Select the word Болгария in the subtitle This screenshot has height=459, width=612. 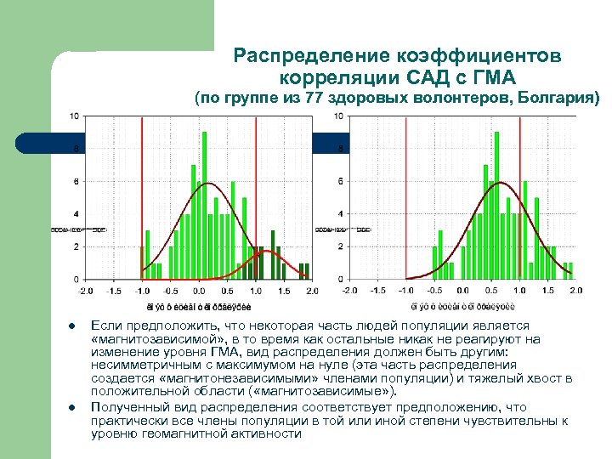[x=553, y=97]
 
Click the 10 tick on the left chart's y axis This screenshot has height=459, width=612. [x=76, y=116]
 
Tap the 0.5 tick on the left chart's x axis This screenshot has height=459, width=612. [x=227, y=290]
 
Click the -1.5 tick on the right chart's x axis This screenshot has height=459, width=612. [x=378, y=290]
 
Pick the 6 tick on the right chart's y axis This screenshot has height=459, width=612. [x=340, y=181]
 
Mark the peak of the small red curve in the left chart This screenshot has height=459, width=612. [x=266, y=252]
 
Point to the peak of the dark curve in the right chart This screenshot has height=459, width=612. [x=502, y=183]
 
